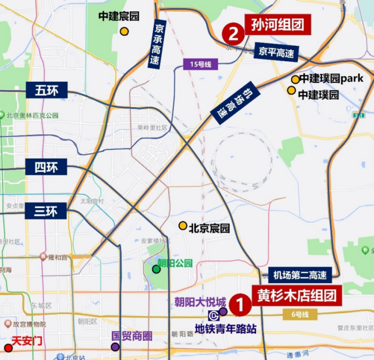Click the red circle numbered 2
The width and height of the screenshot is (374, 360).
pyautogui.click(x=234, y=33)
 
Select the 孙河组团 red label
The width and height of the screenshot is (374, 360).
pyautogui.click(x=278, y=25)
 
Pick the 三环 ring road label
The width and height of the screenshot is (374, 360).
pyautogui.click(x=46, y=211)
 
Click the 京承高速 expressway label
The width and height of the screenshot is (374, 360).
pyautogui.click(x=158, y=44)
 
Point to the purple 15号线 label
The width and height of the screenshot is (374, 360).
pyautogui.click(x=201, y=64)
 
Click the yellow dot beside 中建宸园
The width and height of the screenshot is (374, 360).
pyautogui.click(x=124, y=31)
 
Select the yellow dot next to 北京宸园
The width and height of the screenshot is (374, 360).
pyautogui.click(x=183, y=225)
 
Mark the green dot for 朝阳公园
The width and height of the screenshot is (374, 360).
pyautogui.click(x=156, y=269)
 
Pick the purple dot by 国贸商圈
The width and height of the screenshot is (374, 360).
pyautogui.click(x=115, y=347)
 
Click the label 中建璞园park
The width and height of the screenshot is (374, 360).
pyautogui.click(x=331, y=79)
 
